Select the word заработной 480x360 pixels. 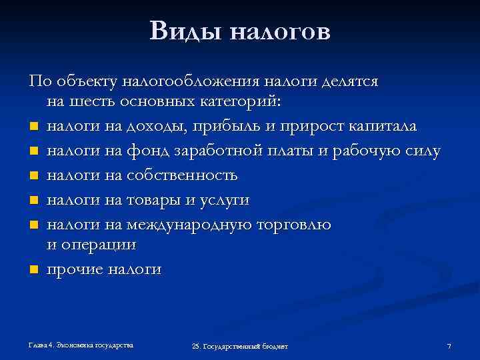coord(217,151)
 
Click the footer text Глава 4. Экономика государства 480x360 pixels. coord(81,345)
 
